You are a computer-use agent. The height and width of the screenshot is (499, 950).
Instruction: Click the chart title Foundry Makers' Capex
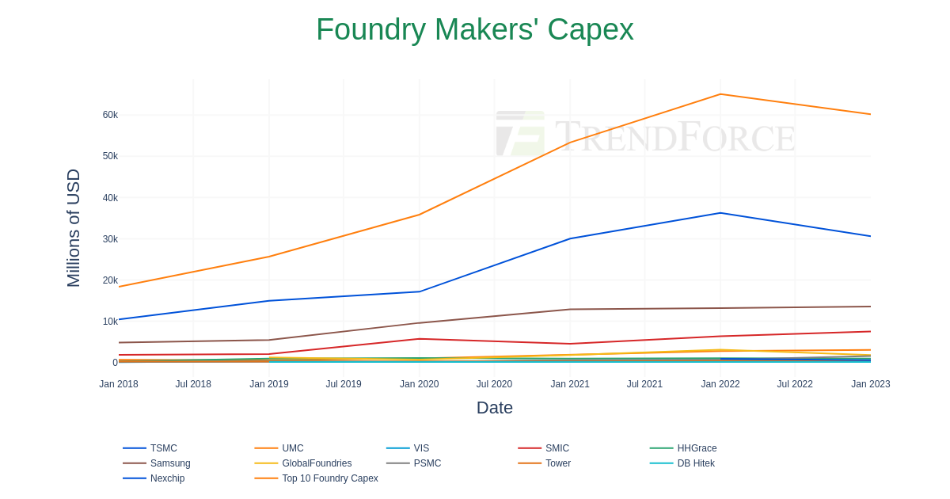tap(474, 30)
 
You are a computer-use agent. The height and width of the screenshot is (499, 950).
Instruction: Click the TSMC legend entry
tap(163, 448)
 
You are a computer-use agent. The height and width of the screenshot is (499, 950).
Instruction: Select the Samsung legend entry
tap(169, 463)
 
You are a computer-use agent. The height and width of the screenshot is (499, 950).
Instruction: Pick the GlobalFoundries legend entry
tap(316, 463)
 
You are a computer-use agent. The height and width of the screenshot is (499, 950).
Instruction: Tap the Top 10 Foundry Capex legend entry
tap(329, 478)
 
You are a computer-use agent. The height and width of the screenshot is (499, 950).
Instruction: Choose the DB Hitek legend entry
tap(695, 463)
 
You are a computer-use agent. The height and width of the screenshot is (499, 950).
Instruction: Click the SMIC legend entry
tap(557, 448)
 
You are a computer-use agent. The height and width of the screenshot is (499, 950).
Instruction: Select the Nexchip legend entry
tap(167, 478)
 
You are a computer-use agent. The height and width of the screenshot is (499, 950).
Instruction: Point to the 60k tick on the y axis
tap(110, 115)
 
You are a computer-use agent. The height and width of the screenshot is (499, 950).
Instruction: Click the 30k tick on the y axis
tap(110, 239)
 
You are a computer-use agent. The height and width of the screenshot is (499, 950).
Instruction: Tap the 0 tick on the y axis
tap(115, 363)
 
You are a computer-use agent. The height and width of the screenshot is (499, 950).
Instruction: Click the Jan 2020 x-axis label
tap(419, 384)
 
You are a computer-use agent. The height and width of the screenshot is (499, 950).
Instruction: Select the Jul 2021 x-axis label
tap(644, 384)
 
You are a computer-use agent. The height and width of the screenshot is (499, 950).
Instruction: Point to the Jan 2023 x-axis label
tap(870, 384)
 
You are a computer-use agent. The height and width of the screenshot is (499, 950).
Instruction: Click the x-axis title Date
tap(495, 408)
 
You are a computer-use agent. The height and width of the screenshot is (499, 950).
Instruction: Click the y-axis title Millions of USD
tap(74, 228)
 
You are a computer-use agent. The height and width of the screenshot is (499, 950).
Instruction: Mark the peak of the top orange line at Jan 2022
tap(720, 94)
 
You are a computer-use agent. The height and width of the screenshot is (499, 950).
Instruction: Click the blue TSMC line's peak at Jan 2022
tap(720, 213)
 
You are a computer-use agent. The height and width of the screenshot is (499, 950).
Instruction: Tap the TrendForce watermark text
tap(674, 136)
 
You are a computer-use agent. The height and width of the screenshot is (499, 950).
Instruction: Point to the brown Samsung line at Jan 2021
tap(570, 310)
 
